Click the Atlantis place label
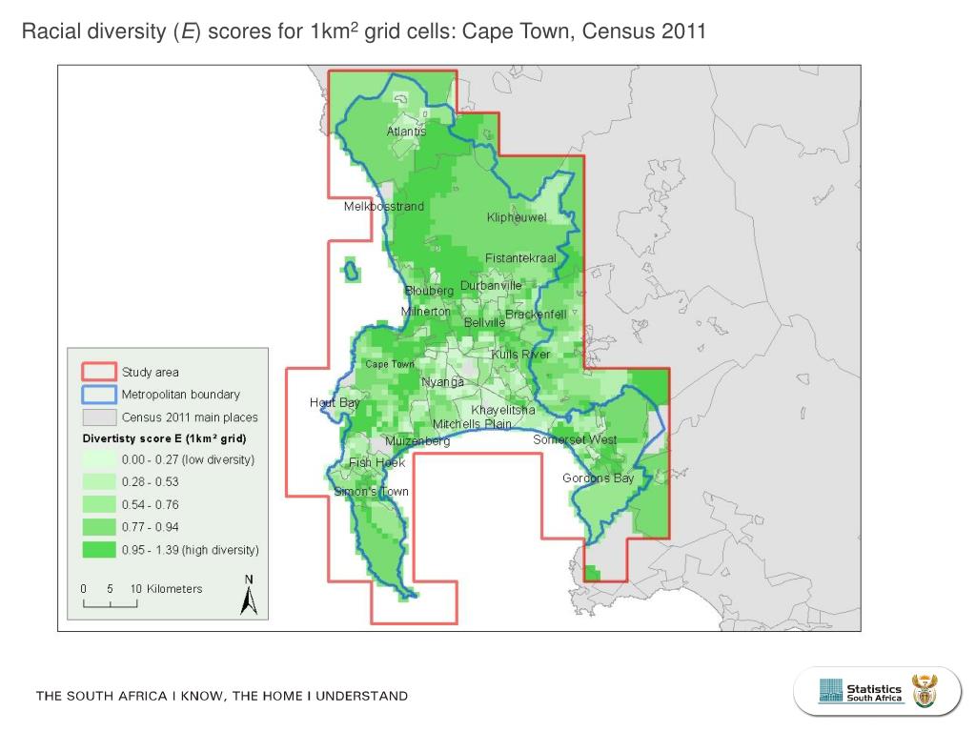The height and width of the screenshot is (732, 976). tap(406, 131)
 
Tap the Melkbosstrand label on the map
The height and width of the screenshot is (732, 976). tap(383, 207)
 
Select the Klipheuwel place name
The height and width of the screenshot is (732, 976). tap(517, 218)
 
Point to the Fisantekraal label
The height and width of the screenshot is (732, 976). tap(520, 258)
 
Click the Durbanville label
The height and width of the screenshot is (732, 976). tap(491, 285)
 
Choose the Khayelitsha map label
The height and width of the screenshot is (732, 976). tap(503, 410)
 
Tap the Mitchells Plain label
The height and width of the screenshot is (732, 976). tap(472, 424)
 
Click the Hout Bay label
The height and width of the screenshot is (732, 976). tap(335, 402)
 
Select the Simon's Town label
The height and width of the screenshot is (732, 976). tap(371, 492)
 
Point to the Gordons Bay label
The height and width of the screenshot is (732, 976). tap(598, 478)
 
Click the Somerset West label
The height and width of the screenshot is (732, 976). tap(575, 440)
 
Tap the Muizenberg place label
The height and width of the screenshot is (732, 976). tap(417, 441)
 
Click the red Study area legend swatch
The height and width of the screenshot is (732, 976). tap(98, 372)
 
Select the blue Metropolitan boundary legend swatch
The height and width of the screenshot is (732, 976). tap(98, 394)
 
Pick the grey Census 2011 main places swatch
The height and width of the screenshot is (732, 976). tap(98, 417)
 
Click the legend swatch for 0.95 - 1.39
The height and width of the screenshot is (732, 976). tap(98, 550)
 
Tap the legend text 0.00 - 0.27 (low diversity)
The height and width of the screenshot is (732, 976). tap(188, 459)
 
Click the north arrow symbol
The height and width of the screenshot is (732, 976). tap(249, 596)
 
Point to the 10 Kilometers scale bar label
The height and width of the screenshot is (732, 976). tap(166, 589)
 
